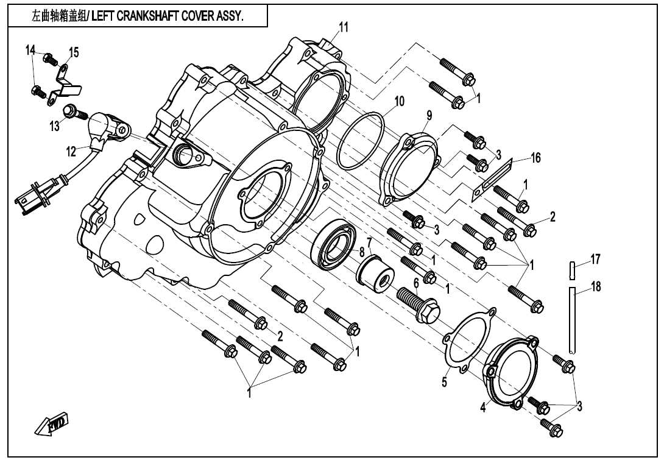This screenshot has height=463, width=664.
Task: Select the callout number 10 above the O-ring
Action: (399, 101)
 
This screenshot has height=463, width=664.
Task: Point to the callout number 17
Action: (596, 260)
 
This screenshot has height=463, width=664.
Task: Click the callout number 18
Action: (596, 286)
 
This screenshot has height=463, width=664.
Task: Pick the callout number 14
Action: (30, 50)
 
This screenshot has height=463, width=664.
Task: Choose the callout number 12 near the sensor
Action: (72, 150)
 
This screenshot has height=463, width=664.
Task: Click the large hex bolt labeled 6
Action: (420, 303)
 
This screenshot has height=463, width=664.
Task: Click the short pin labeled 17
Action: (572, 269)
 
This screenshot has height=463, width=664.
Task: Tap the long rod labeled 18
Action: (572, 319)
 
